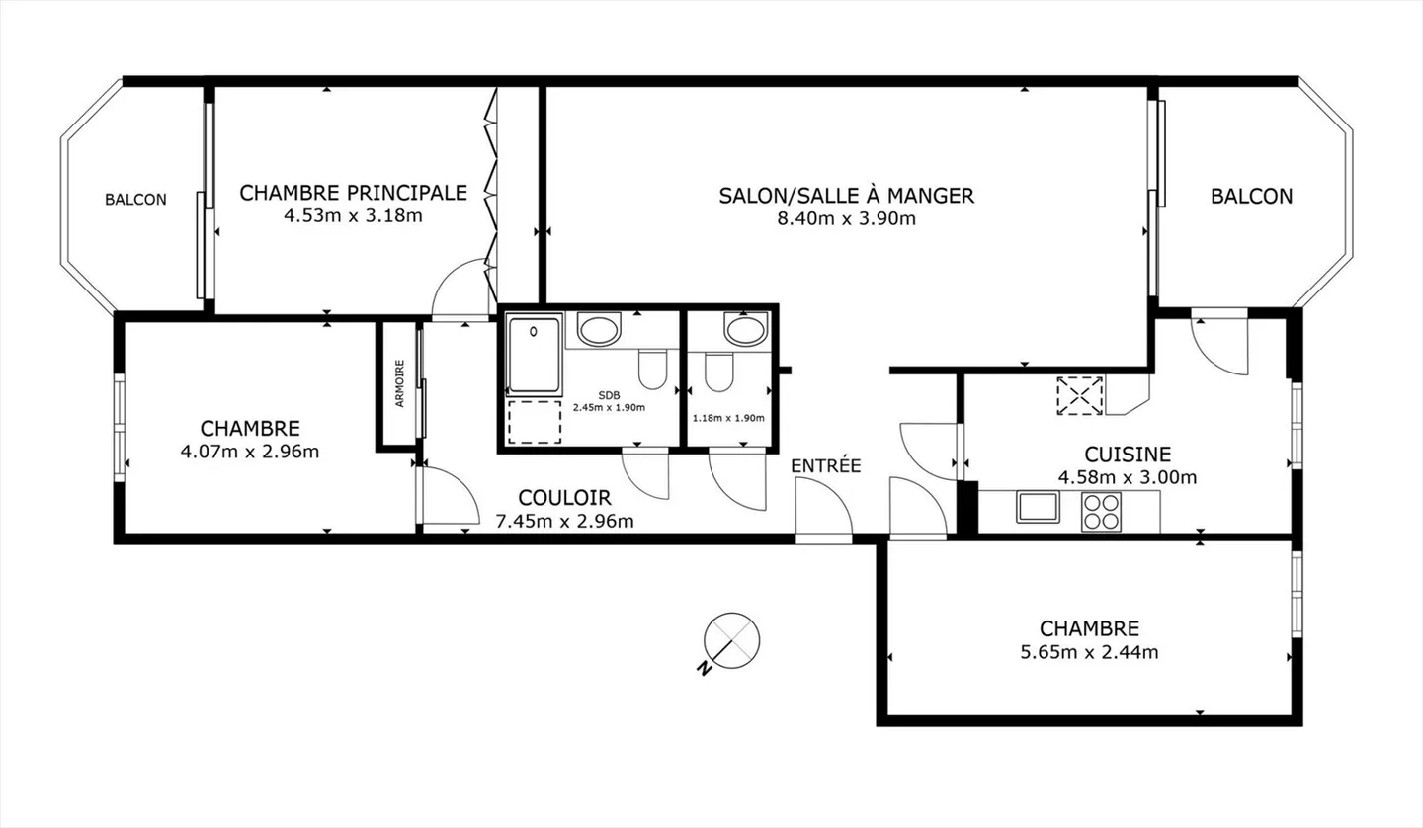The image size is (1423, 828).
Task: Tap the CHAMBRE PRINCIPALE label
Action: click(x=353, y=192)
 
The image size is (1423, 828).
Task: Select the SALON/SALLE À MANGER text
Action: click(x=846, y=196)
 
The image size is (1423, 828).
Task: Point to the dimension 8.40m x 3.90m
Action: click(x=846, y=219)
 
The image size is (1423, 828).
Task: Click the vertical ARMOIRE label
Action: click(x=399, y=383)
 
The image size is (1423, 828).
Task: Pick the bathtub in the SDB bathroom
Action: click(x=533, y=354)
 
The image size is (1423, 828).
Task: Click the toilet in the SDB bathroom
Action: click(x=652, y=371)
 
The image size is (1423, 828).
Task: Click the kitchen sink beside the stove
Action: click(x=1038, y=507)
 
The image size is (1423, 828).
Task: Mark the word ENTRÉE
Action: click(x=826, y=465)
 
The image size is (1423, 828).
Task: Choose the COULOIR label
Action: click(x=564, y=498)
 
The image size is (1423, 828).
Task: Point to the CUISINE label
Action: click(x=1128, y=455)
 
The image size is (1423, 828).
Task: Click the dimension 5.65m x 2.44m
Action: click(x=1089, y=652)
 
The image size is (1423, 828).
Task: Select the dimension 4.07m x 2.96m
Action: click(x=250, y=453)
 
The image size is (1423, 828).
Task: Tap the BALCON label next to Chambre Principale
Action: click(x=136, y=200)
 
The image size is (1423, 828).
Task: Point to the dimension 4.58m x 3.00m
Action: click(x=1128, y=478)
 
